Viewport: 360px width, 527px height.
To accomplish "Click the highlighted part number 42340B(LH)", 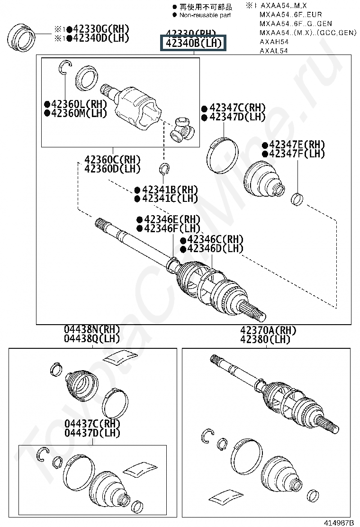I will click(193, 44).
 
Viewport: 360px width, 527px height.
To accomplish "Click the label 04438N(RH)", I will click(92, 329).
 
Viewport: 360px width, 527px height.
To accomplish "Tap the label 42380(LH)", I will click(265, 339).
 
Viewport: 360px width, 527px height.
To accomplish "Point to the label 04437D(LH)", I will click(92, 432).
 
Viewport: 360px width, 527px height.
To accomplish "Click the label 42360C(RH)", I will click(113, 160).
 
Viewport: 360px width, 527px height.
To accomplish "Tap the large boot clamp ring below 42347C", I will click(221, 154).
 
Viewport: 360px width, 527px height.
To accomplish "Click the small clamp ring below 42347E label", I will click(297, 199).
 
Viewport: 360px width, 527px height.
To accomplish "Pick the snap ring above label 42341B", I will click(164, 168).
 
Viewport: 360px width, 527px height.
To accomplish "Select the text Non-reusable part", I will click(205, 15).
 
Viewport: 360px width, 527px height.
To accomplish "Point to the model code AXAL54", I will click(274, 50).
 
